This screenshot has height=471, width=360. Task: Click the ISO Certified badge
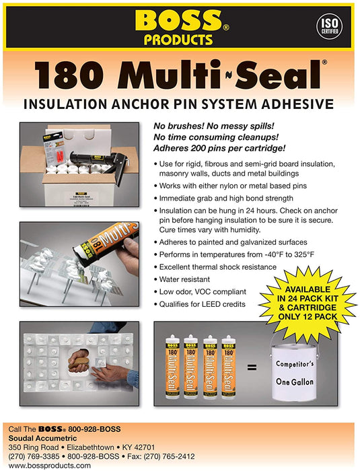pos(329,27)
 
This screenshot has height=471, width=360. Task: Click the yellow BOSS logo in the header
pos(179,20)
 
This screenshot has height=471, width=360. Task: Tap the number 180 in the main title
pos(70,75)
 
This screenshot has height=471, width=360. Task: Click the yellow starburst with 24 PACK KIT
pos(308,303)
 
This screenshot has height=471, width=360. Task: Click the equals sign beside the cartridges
pos(252,367)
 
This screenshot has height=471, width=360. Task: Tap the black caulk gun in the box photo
pos(100,163)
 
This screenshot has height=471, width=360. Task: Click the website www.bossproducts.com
pos(50,466)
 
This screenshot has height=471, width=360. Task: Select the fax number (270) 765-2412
pos(169,457)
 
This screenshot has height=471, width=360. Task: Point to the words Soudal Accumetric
pos(42,438)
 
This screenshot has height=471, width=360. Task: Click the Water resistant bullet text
pos(184,279)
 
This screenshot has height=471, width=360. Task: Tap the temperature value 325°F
pos(303,255)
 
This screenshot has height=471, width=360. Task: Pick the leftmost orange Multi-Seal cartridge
pos(172,367)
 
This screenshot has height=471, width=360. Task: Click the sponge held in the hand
pos(79,362)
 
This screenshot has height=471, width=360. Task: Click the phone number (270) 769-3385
pos(34,457)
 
